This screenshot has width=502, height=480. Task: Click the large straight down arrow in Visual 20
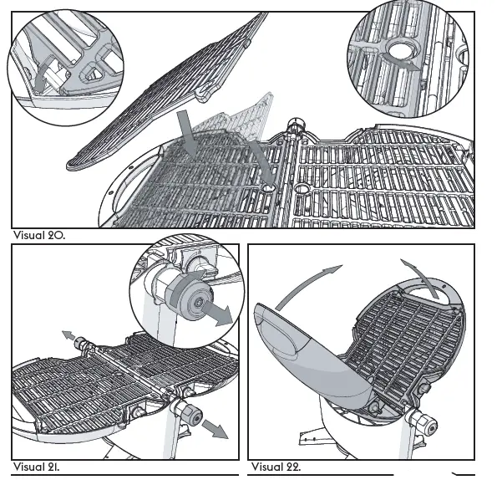point(189,136)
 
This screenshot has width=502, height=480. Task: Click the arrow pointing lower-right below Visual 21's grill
point(216,429)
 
